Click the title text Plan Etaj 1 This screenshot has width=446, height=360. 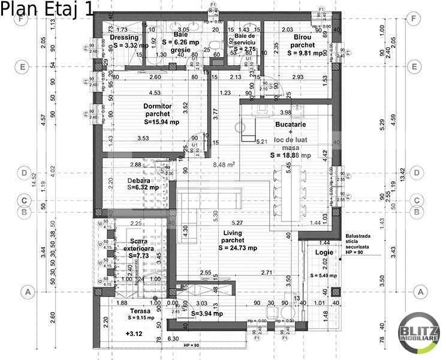click(47, 10)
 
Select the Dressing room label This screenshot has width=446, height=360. click(125, 37)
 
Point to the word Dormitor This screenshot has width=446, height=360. click(158, 106)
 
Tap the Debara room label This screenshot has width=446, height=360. click(138, 180)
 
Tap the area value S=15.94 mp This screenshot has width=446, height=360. click(161, 121)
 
